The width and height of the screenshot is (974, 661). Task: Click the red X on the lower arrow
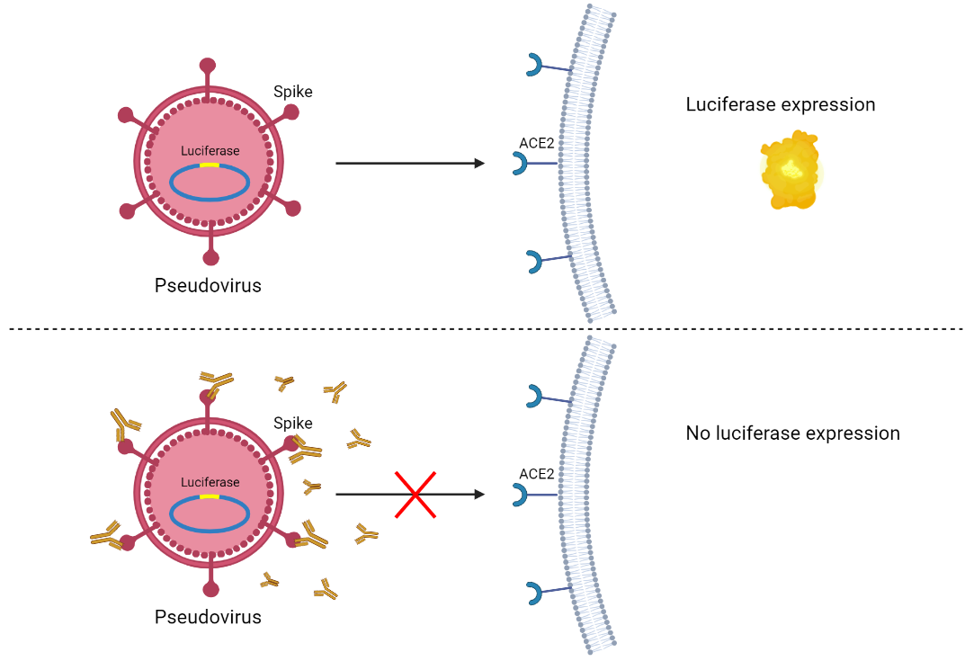(x=416, y=495)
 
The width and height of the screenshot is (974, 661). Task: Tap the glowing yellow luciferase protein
(x=791, y=170)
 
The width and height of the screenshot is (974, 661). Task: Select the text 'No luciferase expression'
(x=792, y=433)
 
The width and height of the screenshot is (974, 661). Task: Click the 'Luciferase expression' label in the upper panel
(x=780, y=104)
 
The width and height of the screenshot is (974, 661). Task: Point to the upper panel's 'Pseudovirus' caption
(x=208, y=286)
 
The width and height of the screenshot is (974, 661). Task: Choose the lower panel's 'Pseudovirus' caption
(x=208, y=617)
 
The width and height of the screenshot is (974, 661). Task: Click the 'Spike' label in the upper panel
(x=293, y=91)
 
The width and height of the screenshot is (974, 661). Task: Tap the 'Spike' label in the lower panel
(x=293, y=423)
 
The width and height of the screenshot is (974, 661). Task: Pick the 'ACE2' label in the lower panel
(x=536, y=474)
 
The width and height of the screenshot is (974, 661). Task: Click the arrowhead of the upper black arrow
(x=478, y=164)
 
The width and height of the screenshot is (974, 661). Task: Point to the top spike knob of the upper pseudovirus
(x=208, y=66)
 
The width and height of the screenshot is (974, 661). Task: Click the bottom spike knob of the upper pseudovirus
(x=210, y=258)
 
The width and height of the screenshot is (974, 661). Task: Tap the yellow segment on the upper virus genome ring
(x=210, y=165)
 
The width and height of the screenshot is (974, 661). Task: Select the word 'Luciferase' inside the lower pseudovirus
(x=210, y=482)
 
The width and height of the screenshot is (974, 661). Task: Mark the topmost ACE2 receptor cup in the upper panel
(x=534, y=64)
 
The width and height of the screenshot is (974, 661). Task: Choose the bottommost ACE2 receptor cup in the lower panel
(x=534, y=593)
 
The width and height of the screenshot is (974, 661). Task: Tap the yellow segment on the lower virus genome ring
(x=210, y=496)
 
